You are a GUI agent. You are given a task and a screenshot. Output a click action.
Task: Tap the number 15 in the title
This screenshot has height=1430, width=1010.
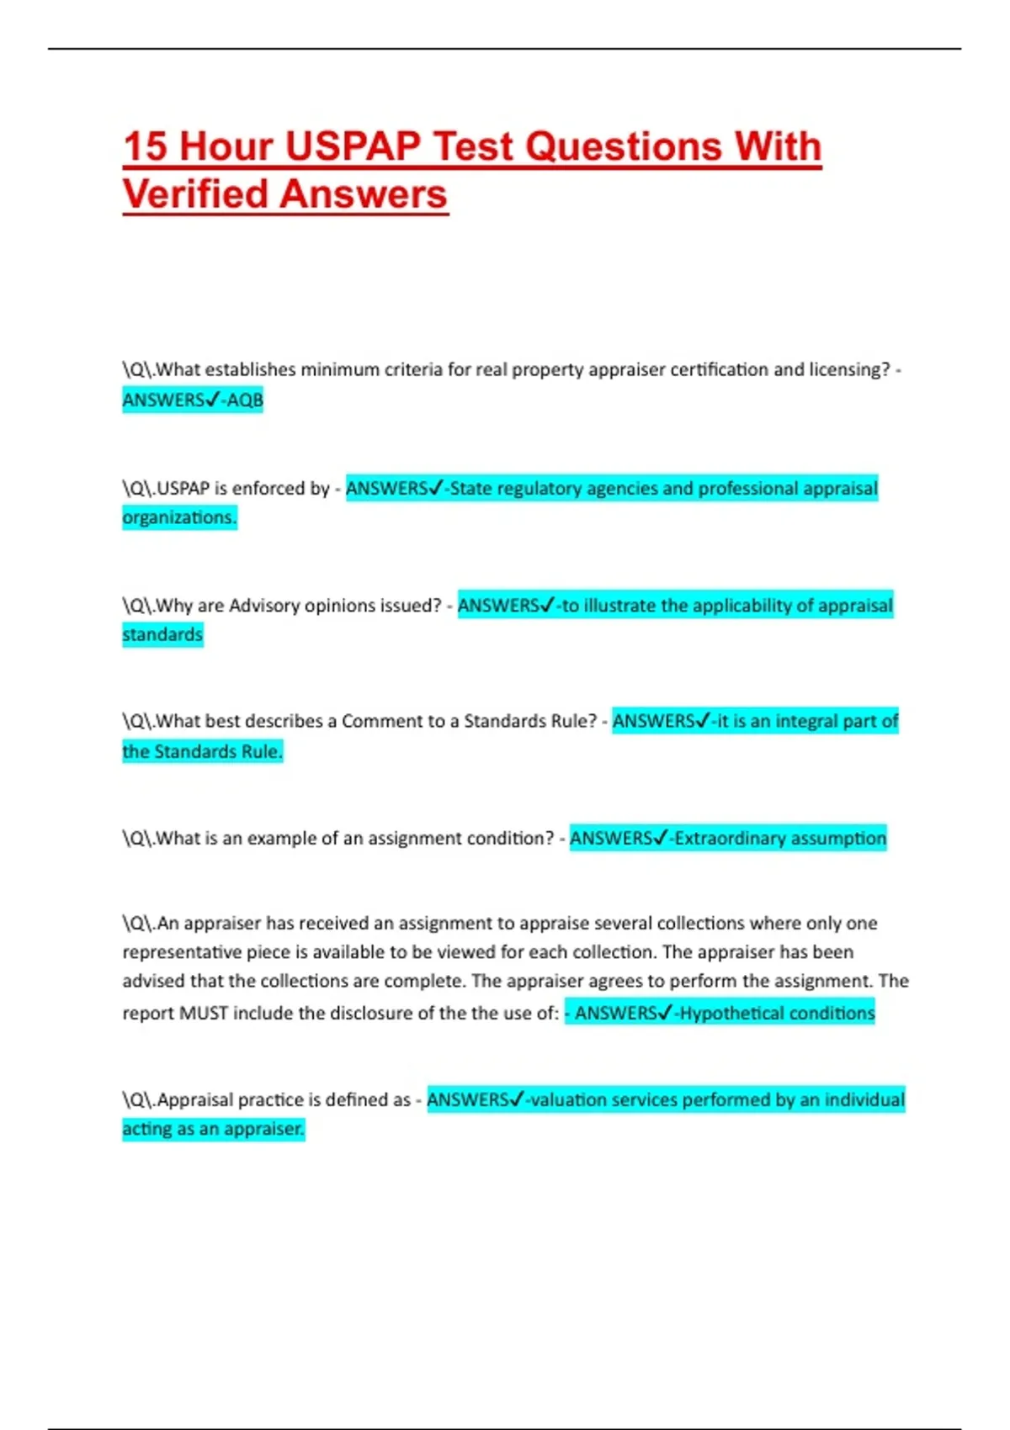pos(144,146)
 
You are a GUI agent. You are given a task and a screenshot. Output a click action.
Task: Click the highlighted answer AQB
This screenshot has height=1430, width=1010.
pos(245,400)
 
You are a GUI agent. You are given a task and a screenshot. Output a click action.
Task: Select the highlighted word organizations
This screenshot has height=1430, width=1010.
pos(179,517)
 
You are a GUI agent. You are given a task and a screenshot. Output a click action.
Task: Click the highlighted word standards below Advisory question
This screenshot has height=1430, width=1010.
pos(162,634)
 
